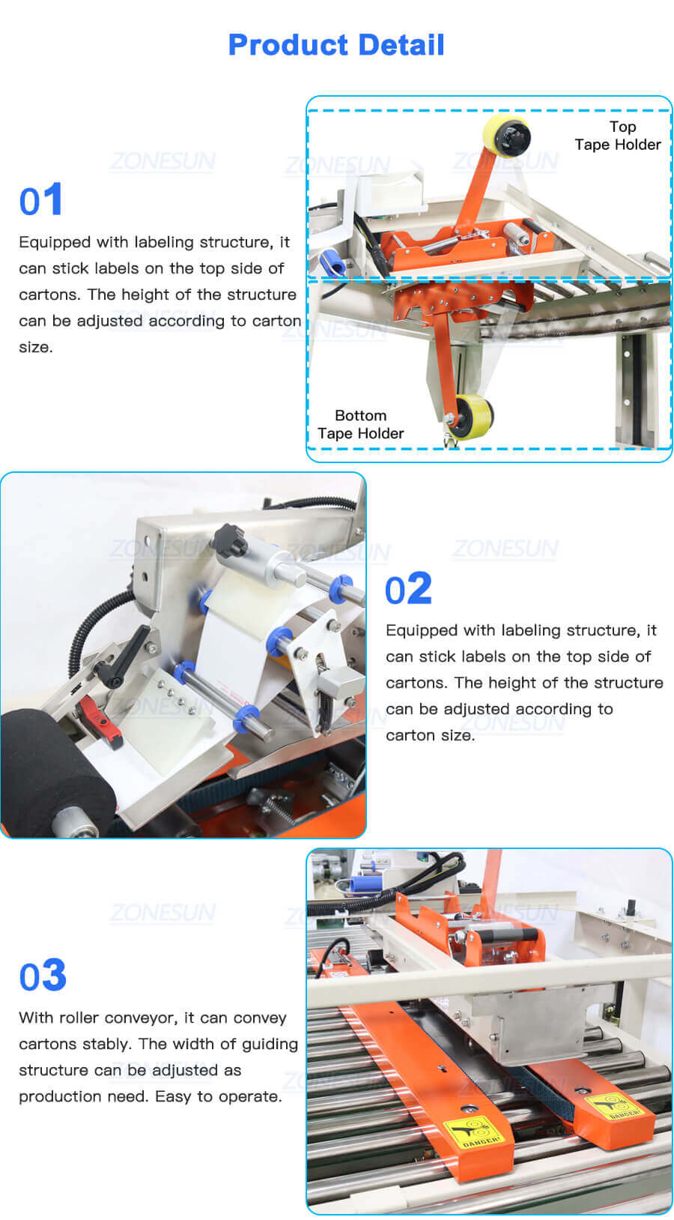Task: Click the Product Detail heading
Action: click(x=336, y=45)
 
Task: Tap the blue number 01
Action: click(x=40, y=201)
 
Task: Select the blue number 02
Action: click(x=408, y=589)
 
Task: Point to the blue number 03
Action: click(x=43, y=976)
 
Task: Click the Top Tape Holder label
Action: click(x=618, y=136)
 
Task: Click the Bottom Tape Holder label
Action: click(x=360, y=424)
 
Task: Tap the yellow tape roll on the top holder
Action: click(x=507, y=136)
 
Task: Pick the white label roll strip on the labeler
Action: click(x=240, y=644)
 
